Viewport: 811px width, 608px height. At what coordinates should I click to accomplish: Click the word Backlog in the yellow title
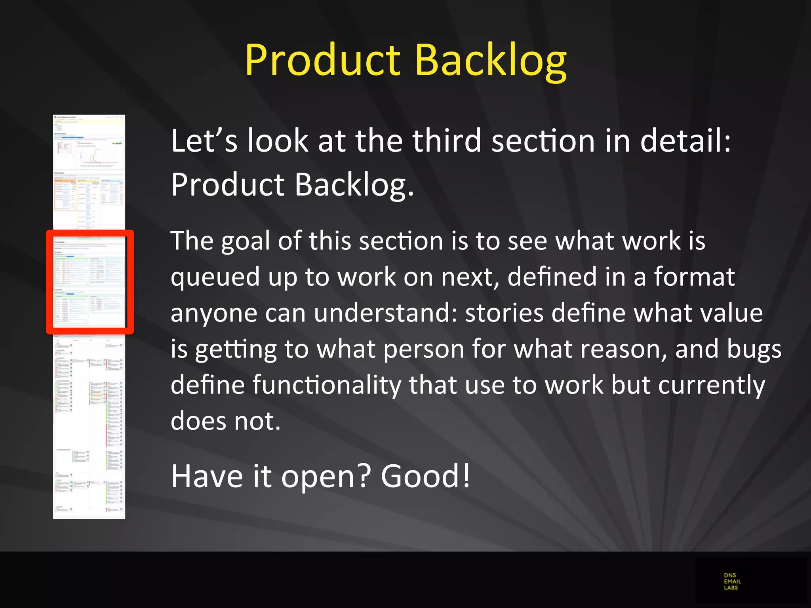coord(491,60)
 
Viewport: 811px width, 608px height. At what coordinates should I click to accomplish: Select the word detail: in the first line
coord(685,141)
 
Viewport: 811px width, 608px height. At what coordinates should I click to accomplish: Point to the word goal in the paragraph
coord(245,241)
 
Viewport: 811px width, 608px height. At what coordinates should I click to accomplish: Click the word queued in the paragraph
coord(215,277)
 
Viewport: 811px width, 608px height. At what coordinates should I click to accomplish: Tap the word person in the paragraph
coord(423,349)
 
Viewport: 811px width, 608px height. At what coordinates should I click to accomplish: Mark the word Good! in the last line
coord(426,476)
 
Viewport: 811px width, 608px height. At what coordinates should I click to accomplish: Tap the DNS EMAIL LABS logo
coord(732,581)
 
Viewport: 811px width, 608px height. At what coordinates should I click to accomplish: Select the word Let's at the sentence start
coord(204,141)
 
